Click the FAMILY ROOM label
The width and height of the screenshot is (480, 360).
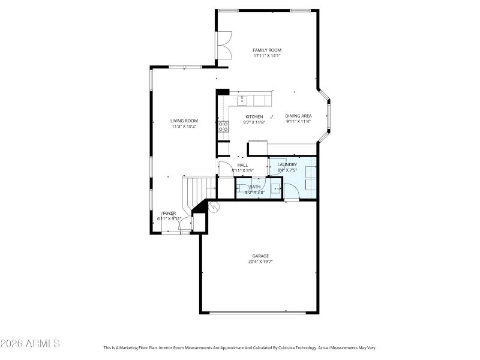click(x=267, y=50)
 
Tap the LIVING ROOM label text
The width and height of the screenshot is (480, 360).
click(x=184, y=121)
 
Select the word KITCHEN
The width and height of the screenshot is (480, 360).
click(x=254, y=116)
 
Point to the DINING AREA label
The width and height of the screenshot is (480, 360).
click(x=298, y=116)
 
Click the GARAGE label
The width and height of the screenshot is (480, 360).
click(x=260, y=256)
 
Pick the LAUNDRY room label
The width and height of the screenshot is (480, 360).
click(x=287, y=164)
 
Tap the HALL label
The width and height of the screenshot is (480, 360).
click(x=242, y=165)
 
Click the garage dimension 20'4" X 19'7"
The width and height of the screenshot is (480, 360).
click(x=260, y=262)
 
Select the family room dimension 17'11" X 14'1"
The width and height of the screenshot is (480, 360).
click(x=267, y=56)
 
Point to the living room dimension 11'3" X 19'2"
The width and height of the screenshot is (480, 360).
click(x=184, y=127)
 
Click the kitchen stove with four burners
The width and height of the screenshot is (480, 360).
click(x=223, y=126)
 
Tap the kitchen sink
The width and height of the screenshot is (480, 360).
click(x=243, y=100)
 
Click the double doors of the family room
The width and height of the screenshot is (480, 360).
click(x=224, y=46)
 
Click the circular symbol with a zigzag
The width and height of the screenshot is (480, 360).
click(x=213, y=207)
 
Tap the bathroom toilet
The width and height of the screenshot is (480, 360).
click(x=242, y=187)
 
